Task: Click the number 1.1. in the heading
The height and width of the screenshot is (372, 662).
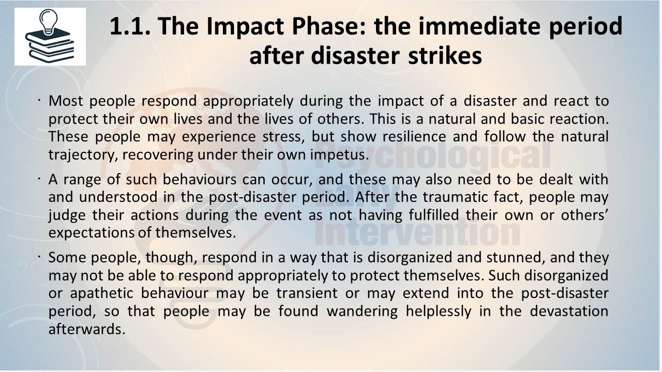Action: [130, 26]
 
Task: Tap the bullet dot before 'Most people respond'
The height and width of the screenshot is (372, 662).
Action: [39, 101]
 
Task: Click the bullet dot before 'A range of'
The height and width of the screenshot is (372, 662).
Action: [39, 179]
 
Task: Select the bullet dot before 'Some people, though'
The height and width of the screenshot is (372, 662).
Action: [39, 257]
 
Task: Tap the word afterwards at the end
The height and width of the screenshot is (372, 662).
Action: [87, 329]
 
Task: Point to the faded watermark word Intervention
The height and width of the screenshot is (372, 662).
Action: [417, 234]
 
